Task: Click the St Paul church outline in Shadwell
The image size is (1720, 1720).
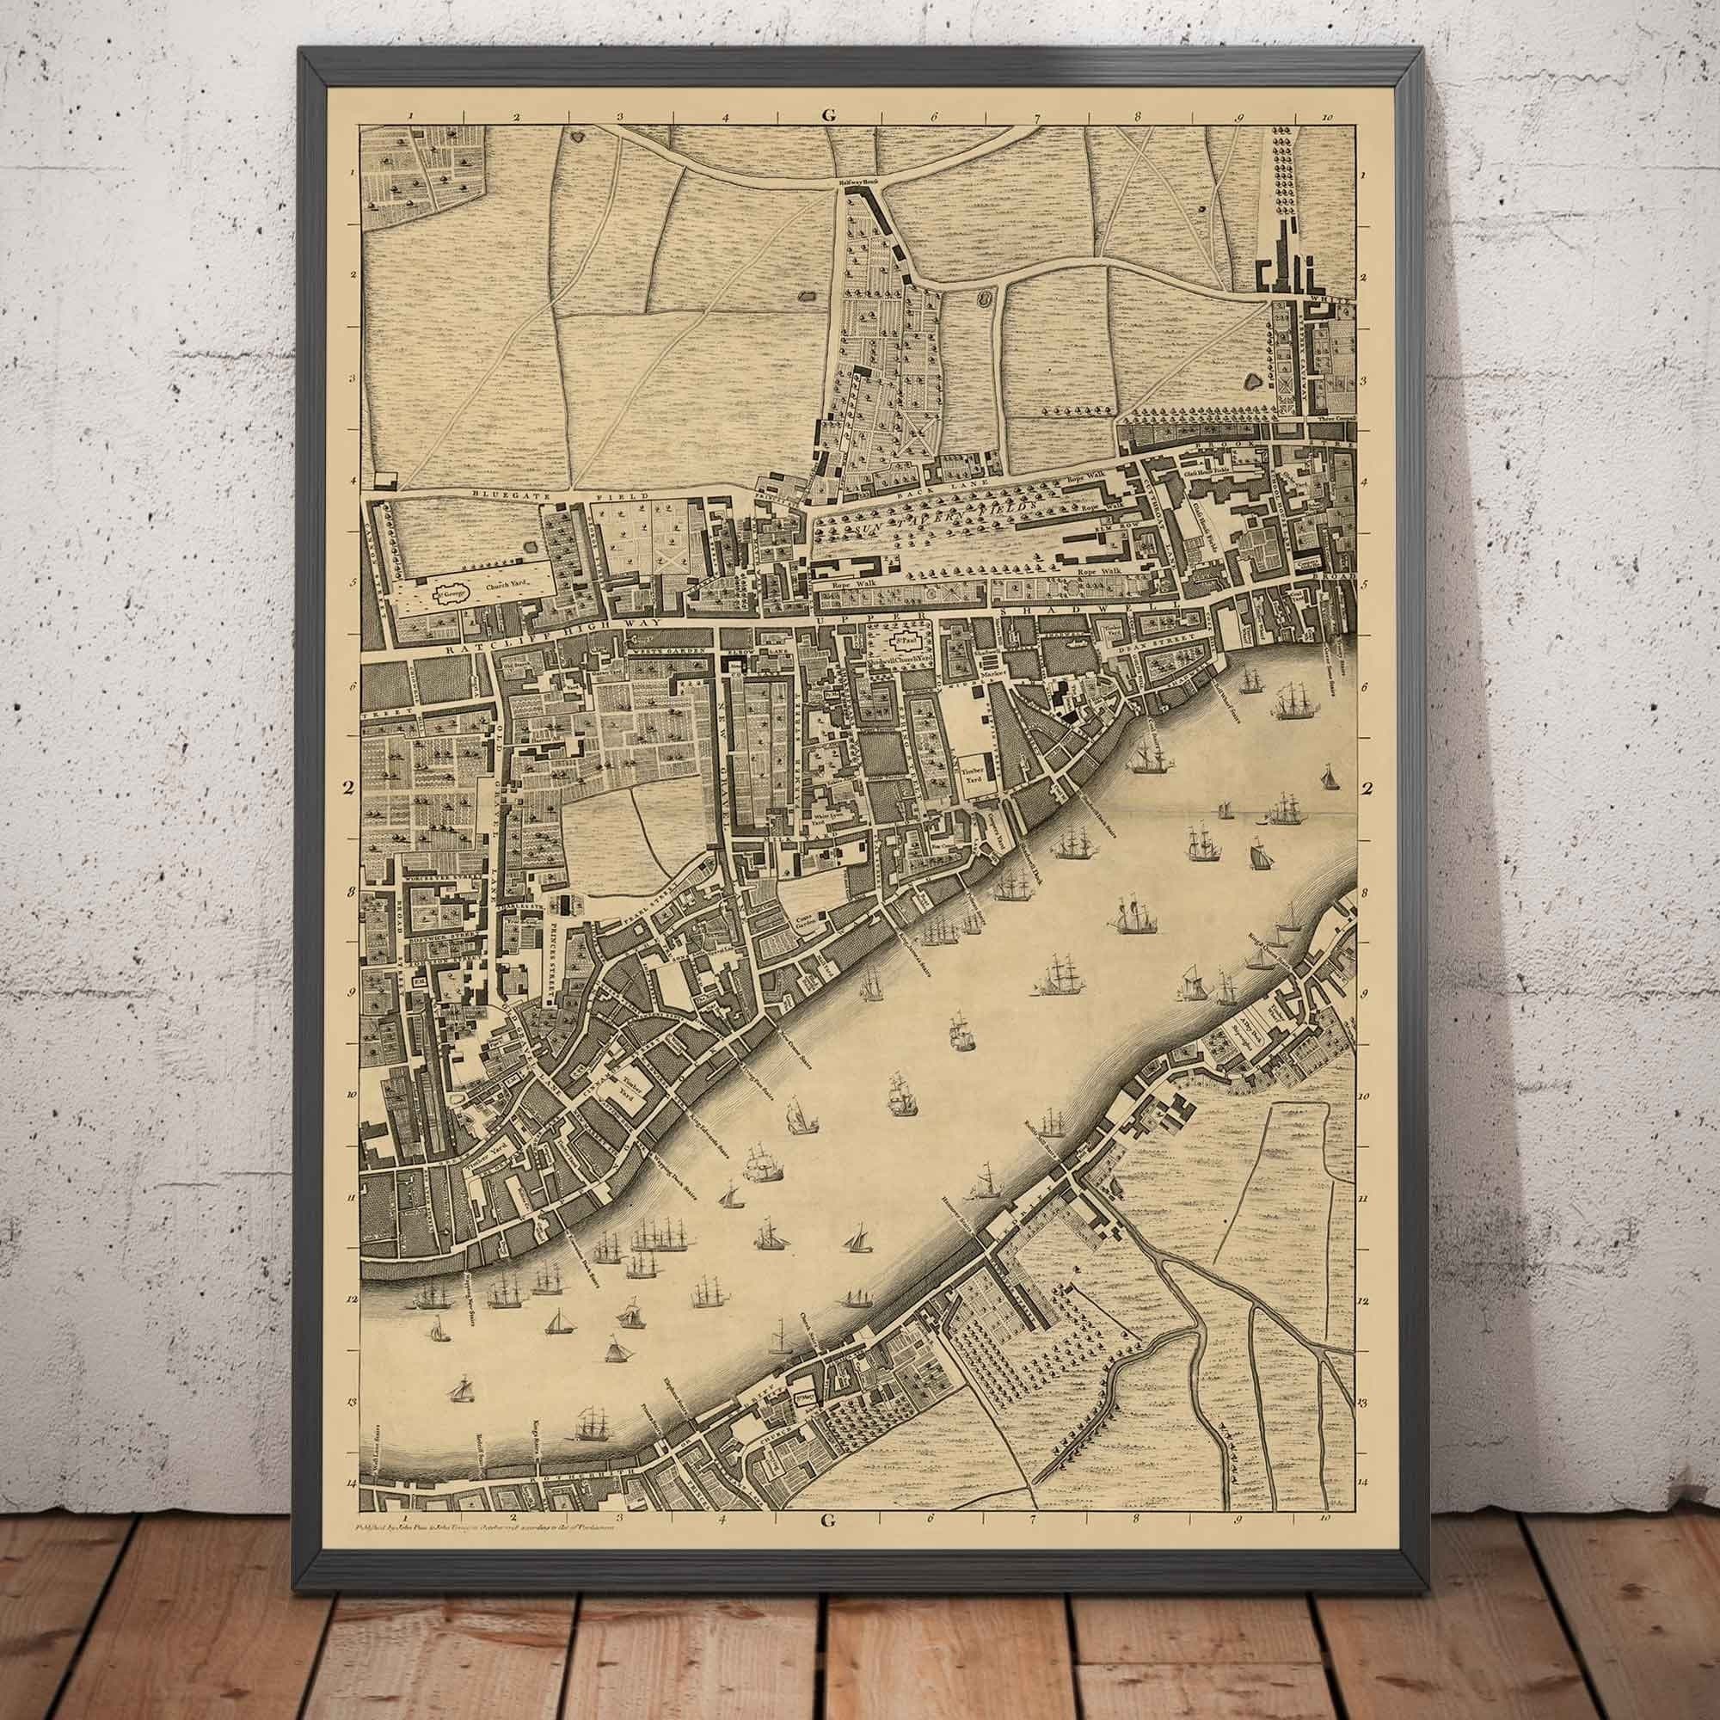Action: (x=906, y=639)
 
